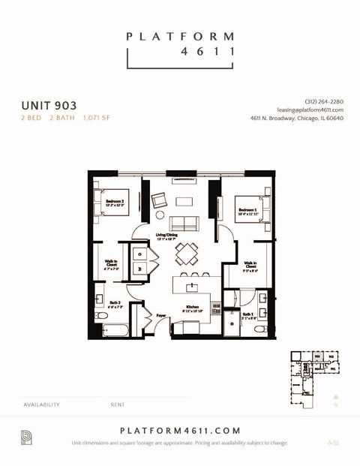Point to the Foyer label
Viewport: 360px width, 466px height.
point(160,316)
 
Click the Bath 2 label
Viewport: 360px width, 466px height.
point(115,304)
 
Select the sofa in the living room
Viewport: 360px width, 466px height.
point(184,224)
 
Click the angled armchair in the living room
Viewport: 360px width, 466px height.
point(158,200)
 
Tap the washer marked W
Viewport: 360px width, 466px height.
point(139,269)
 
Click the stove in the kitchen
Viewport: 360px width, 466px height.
point(216,308)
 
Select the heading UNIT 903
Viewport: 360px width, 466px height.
point(49,106)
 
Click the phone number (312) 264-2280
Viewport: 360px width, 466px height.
point(324,101)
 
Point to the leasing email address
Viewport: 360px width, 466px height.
point(310,110)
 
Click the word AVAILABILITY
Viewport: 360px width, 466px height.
point(41,404)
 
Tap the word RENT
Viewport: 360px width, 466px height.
point(117,404)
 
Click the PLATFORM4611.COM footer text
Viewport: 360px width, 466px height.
point(180,431)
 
